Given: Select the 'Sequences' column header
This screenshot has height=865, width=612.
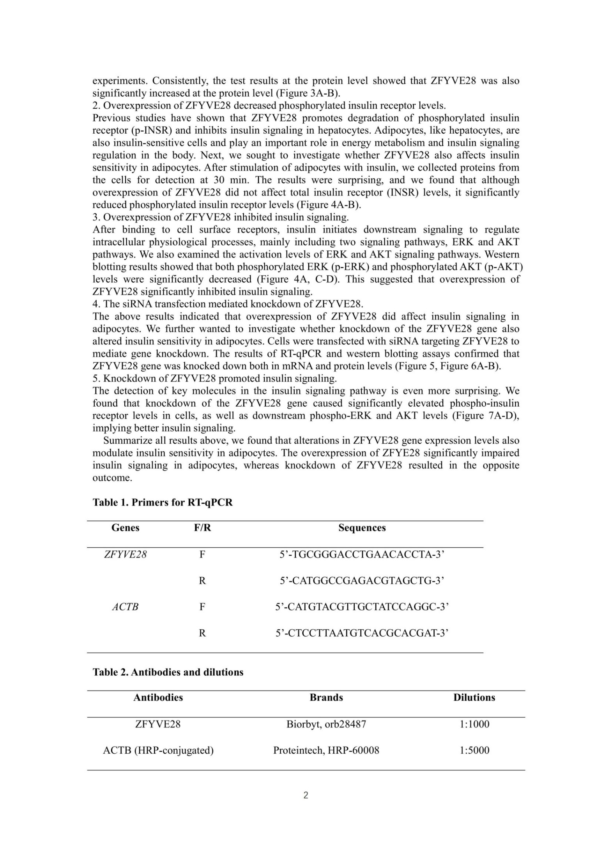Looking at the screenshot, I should (x=362, y=528).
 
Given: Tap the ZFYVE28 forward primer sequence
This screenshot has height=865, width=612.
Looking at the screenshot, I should (x=362, y=554).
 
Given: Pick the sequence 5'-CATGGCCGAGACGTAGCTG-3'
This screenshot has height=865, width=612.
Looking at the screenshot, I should (x=362, y=581).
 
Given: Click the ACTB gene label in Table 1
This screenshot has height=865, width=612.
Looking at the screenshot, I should (x=125, y=607).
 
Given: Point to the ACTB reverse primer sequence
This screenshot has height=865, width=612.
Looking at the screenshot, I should (x=362, y=633).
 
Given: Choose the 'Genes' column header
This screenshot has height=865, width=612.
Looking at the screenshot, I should (x=125, y=528).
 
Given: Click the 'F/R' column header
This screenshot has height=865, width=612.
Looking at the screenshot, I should (x=202, y=528).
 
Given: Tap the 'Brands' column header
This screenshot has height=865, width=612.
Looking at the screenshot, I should (x=326, y=698).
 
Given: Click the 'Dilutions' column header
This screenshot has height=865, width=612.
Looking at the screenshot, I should (x=474, y=698).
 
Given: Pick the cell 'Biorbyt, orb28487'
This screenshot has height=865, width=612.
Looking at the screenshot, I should (x=326, y=724).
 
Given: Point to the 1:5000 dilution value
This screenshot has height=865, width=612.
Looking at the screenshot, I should (x=474, y=750).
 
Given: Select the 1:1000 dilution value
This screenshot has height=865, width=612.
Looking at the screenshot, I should (x=474, y=724).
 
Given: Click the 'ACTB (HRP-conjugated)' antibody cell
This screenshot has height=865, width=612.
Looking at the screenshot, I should (x=158, y=750).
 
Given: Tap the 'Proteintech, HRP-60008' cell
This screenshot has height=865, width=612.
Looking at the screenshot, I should (x=326, y=750).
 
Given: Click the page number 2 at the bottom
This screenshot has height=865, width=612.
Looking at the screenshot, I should (x=306, y=795).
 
